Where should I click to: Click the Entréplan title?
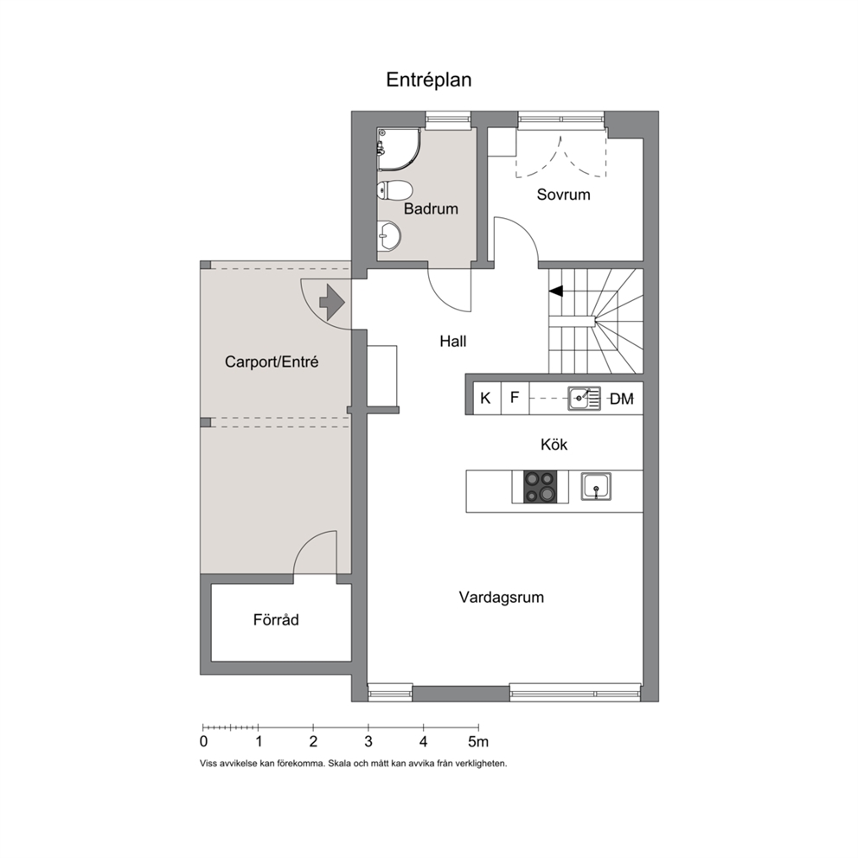click(428, 80)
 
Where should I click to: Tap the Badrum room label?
click(431, 208)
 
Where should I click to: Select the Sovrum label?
click(563, 195)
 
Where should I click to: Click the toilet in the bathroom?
click(394, 190)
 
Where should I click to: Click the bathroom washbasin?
click(389, 236)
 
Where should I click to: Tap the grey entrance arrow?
click(332, 302)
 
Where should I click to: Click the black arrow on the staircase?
click(556, 291)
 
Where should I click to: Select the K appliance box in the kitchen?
click(486, 398)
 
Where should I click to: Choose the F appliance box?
click(515, 398)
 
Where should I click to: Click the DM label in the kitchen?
click(622, 399)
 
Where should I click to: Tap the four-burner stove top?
click(540, 486)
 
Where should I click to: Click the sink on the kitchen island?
click(596, 486)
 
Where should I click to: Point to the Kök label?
click(554, 445)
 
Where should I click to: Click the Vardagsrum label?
click(502, 597)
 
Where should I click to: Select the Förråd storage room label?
click(276, 619)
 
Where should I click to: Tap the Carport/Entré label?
click(272, 362)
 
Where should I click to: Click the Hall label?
click(453, 342)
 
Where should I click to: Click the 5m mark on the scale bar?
click(478, 742)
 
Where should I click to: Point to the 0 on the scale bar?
click(203, 742)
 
